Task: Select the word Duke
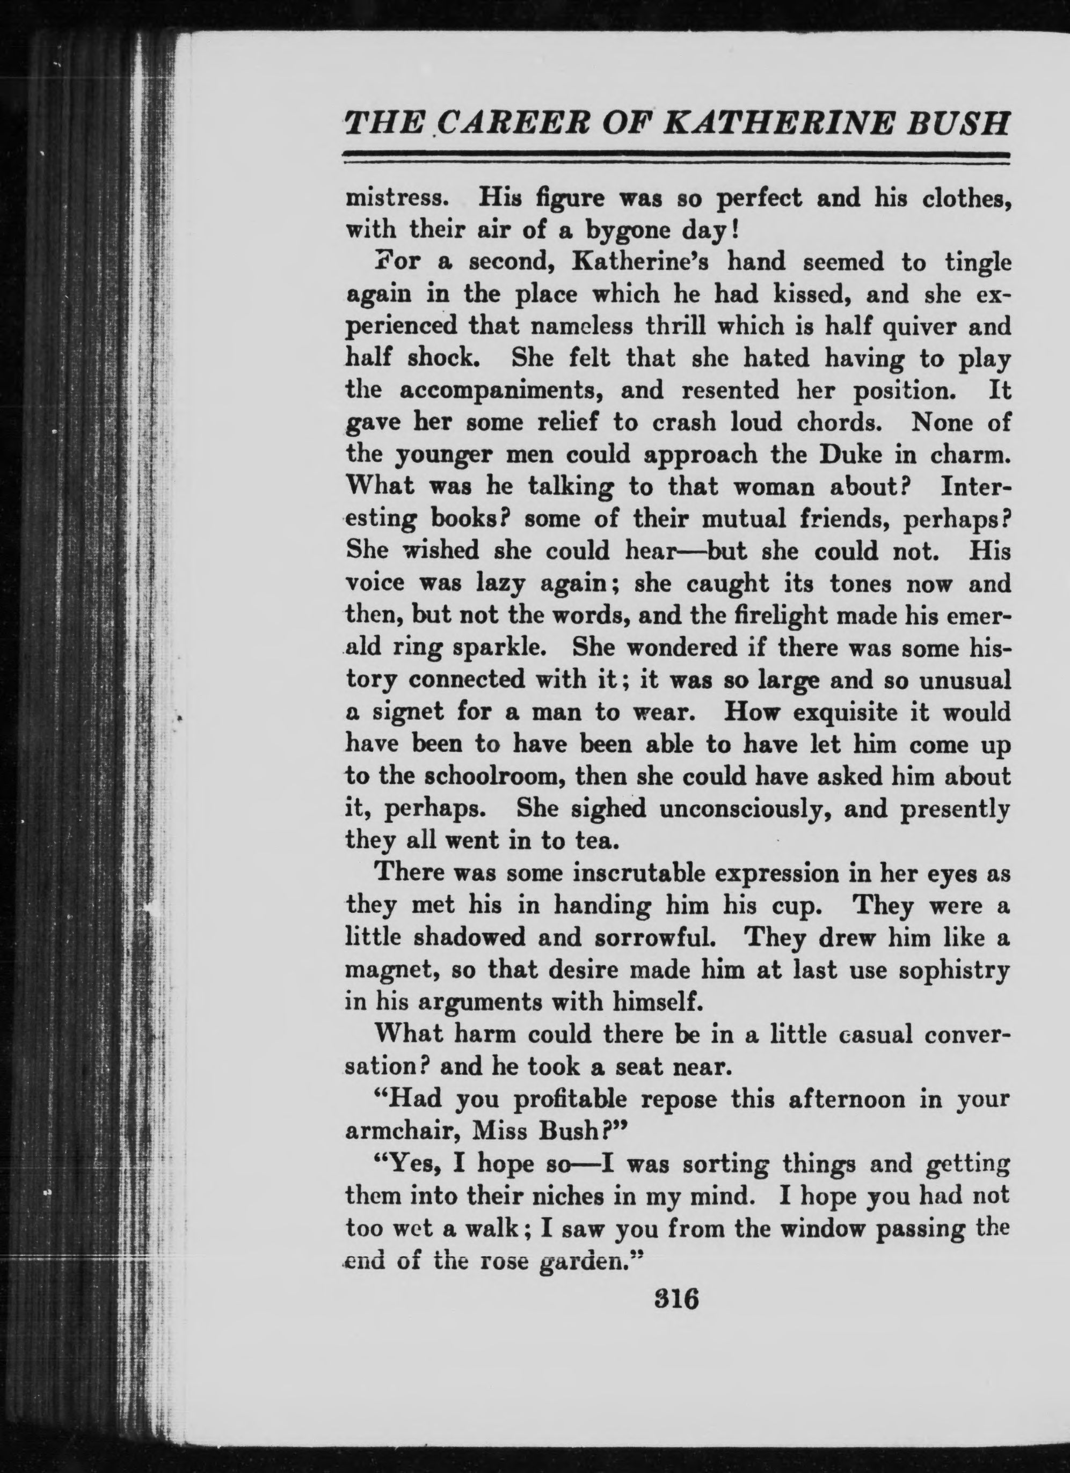click(x=841, y=455)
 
